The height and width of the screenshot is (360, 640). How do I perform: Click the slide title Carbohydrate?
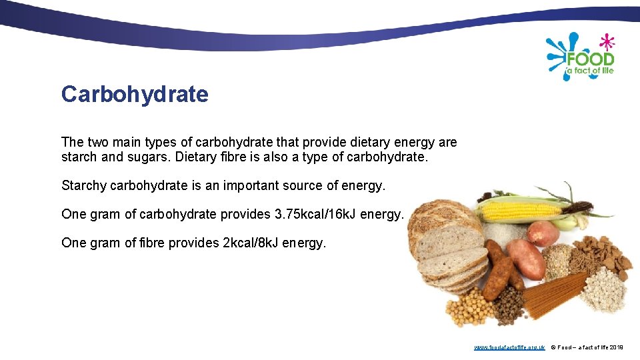pyautogui.click(x=135, y=95)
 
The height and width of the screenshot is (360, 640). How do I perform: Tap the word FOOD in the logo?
pyautogui.click(x=589, y=59)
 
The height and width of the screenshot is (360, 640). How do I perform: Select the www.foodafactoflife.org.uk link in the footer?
pyautogui.click(x=509, y=347)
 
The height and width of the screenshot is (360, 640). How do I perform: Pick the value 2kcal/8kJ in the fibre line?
pyautogui.click(x=249, y=243)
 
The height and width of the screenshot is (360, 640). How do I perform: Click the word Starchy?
pyautogui.click(x=83, y=185)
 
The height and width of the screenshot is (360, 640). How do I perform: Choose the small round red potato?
pyautogui.click(x=543, y=233)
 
